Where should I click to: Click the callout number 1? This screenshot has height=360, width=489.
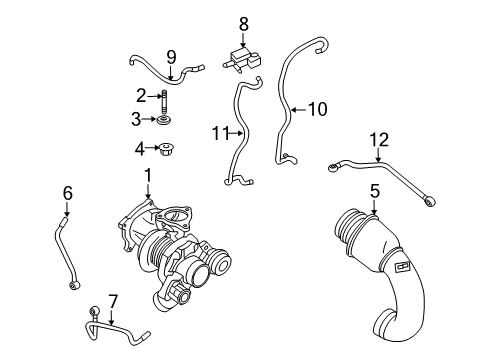148,176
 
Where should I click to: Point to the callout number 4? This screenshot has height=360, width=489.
141,151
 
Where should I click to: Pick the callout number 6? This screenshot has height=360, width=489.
67,193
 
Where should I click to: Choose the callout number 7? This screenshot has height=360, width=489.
112,299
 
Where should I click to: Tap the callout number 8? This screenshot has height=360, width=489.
241,23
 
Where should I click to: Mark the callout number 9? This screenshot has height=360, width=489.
171,55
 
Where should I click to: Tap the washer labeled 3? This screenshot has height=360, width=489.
162,121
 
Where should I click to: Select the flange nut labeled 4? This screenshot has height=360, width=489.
164,151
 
